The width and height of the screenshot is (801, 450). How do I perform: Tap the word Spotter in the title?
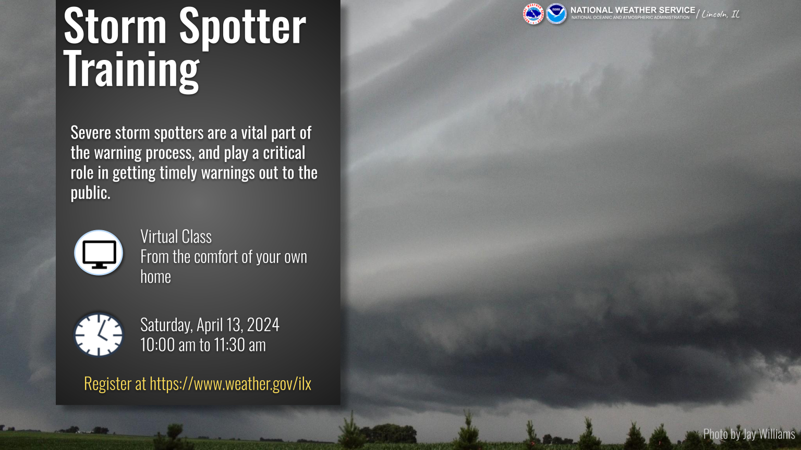tap(242, 27)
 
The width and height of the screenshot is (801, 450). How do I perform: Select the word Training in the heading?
tap(131, 70)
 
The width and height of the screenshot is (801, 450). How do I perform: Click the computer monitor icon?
tap(99, 253)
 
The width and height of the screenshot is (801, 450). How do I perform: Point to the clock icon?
tap(99, 334)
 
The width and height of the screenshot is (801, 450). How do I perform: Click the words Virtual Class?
tap(176, 236)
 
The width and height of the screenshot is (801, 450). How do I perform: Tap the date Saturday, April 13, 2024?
tap(210, 324)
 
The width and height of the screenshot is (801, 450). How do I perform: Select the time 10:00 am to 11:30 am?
tap(203, 345)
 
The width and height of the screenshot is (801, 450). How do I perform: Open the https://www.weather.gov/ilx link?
tap(230, 384)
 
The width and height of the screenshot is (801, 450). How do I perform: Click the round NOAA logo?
tap(556, 14)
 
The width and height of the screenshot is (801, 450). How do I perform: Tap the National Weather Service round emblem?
tap(533, 14)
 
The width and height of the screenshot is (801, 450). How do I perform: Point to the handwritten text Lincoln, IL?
tap(720, 14)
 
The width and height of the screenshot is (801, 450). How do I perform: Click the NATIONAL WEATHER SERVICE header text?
tap(633, 10)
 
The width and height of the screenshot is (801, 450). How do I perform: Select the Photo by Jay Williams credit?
tap(749, 433)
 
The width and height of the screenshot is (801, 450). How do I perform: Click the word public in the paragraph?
tap(90, 193)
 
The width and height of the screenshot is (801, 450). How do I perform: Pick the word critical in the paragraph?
tap(284, 153)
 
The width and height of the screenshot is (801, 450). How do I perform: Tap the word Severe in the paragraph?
tap(91, 132)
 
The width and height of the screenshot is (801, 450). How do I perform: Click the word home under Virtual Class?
tap(155, 277)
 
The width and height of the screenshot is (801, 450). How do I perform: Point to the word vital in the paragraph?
tap(254, 132)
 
